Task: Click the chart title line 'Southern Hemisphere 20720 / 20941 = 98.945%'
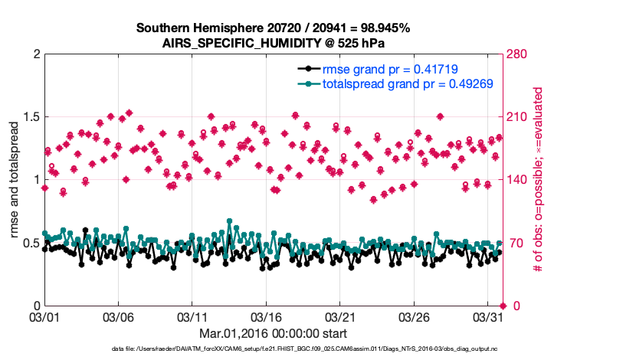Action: coord(273,28)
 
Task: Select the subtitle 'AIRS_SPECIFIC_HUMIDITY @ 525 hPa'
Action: coord(273,43)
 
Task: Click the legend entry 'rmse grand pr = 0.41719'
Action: coord(390,69)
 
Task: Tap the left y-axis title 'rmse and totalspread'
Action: coord(15,180)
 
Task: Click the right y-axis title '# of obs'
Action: coord(539,180)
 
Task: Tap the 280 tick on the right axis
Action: coord(517,54)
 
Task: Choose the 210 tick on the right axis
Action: coord(517,117)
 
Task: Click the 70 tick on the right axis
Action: coord(514,243)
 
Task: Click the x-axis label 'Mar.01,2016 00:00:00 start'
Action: coord(273,333)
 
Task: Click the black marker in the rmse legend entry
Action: coord(308,69)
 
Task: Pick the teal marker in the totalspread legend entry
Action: coord(308,84)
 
